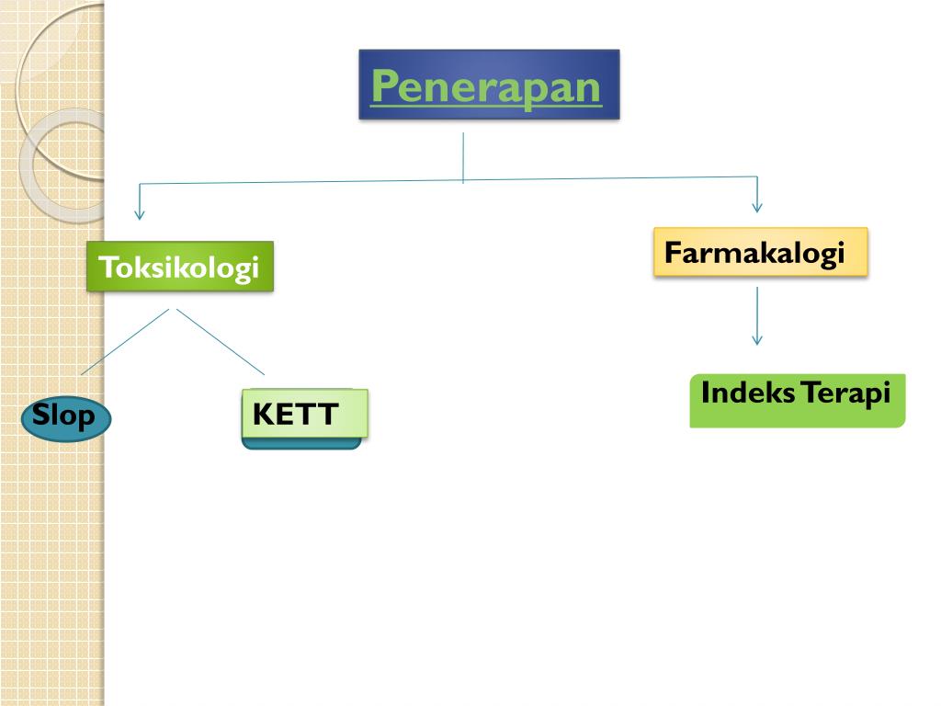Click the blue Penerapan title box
[489, 85]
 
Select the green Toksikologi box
[180, 268]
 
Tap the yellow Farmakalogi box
[760, 252]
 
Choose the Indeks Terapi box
[797, 400]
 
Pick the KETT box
[304, 415]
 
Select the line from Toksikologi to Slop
[125, 342]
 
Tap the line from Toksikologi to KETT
[221, 342]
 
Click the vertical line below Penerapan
[463, 156]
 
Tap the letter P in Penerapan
[383, 88]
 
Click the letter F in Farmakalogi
[672, 252]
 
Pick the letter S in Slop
[41, 416]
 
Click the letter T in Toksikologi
[107, 268]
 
